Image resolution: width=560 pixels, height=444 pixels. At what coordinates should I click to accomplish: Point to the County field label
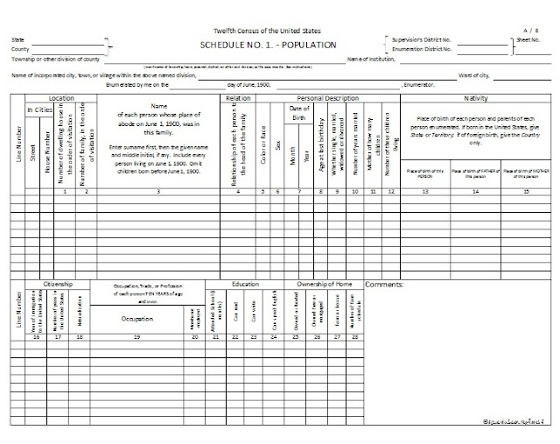tap(20, 49)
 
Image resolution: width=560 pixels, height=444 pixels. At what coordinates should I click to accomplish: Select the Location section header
tap(60, 99)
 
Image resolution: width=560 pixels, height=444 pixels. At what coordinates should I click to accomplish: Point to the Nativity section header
tap(475, 99)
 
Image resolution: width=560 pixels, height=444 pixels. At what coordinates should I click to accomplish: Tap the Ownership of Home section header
tap(323, 285)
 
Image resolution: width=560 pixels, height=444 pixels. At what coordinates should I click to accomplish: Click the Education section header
tap(246, 285)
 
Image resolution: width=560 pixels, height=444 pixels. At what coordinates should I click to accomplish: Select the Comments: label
tap(383, 285)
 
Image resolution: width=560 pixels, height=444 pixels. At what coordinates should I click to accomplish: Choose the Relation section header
tap(238, 99)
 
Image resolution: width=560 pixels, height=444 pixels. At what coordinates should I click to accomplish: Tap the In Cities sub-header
tap(40, 109)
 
